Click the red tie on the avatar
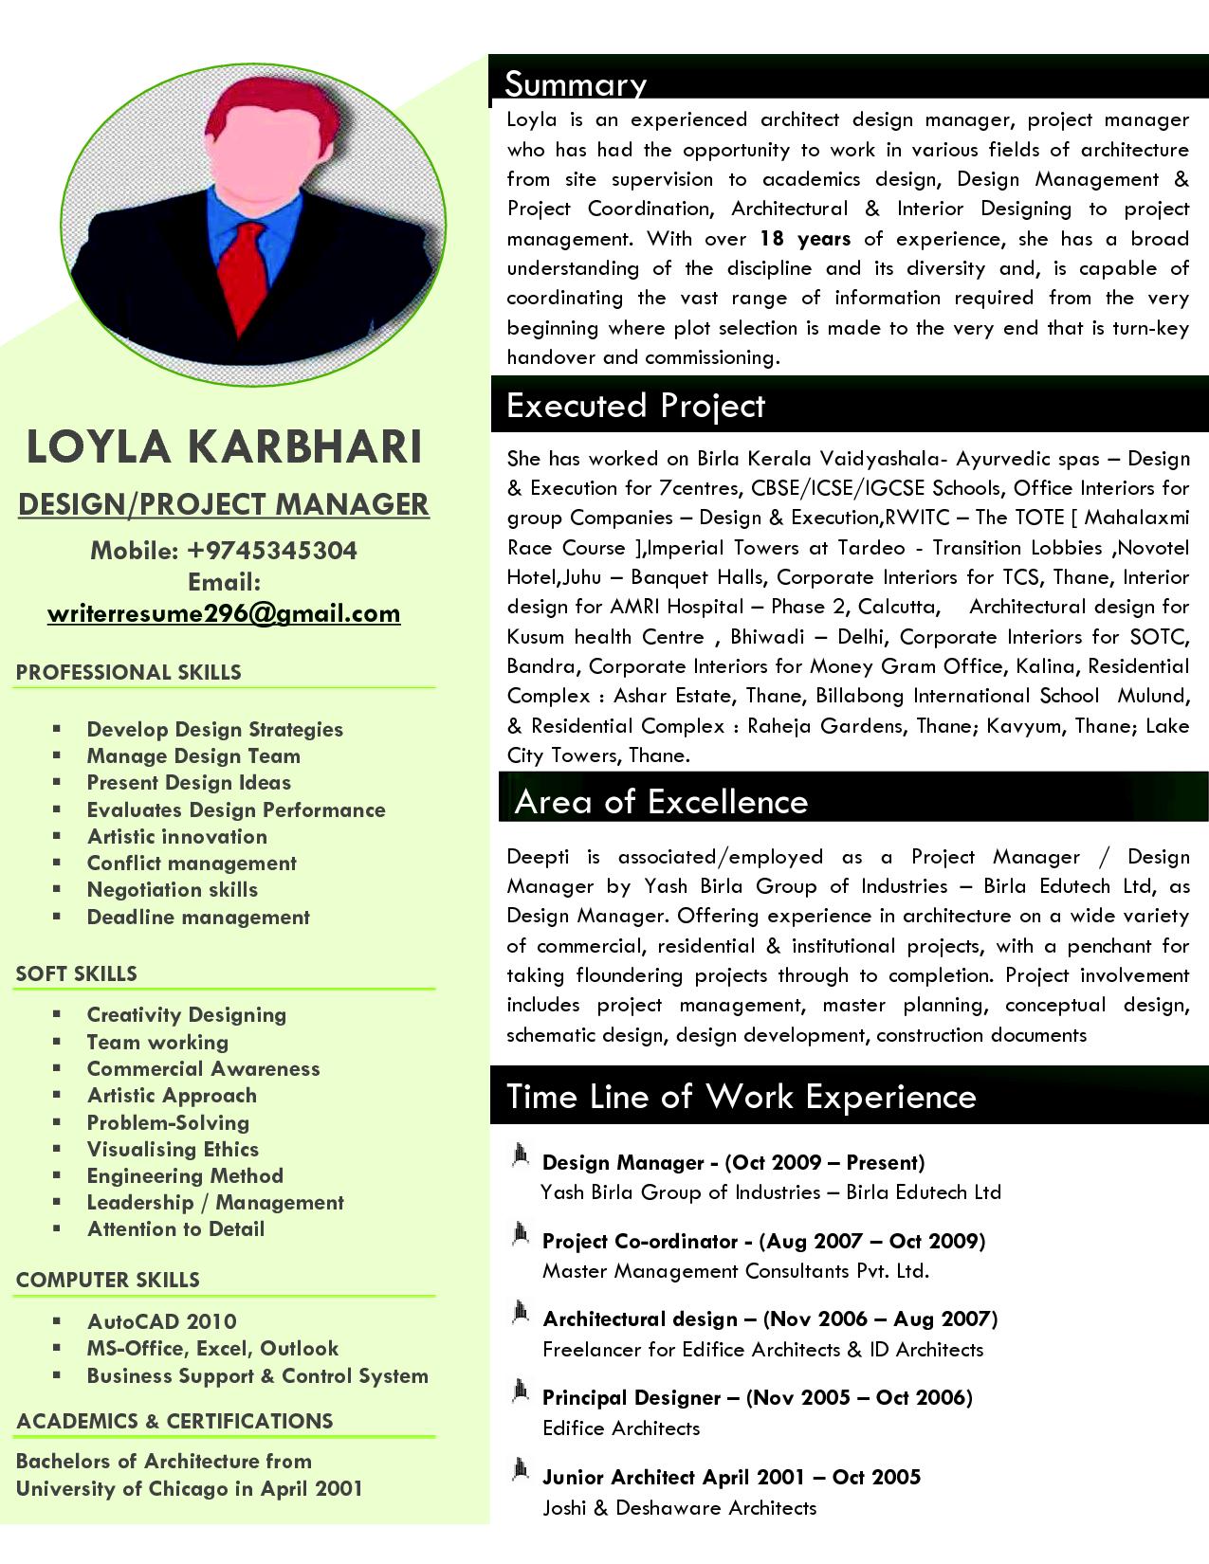(x=249, y=275)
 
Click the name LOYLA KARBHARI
(x=224, y=446)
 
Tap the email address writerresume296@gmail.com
(x=224, y=613)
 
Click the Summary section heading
(x=575, y=83)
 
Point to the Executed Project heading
(x=635, y=406)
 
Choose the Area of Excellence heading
(x=661, y=802)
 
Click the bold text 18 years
(x=805, y=239)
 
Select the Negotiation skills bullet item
(x=172, y=890)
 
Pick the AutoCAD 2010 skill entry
(x=161, y=1321)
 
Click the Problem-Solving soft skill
(x=168, y=1122)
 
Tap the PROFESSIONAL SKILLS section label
(x=128, y=672)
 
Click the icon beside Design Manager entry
(x=520, y=1155)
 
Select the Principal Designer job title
(x=632, y=1397)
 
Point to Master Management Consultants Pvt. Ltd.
(x=735, y=1271)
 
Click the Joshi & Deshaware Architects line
(x=679, y=1507)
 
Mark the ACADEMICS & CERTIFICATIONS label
(x=174, y=1421)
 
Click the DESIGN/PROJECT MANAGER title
(x=224, y=504)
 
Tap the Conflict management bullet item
(x=192, y=864)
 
